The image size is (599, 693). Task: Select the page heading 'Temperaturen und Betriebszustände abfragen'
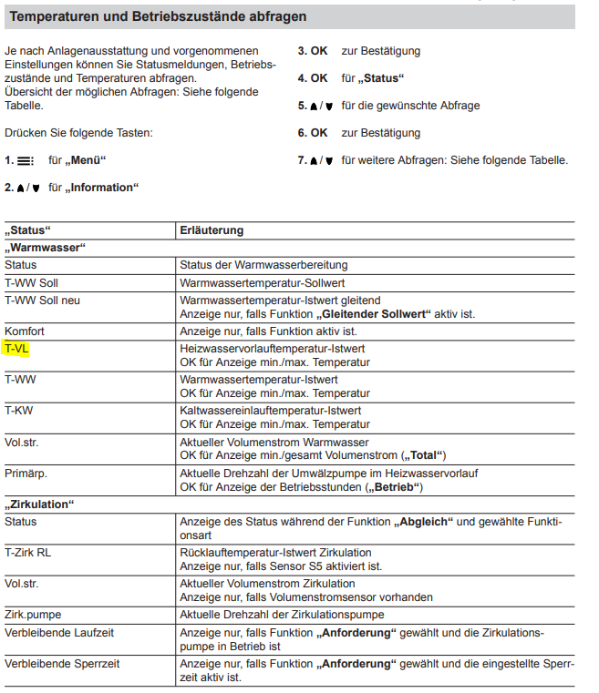coord(159,16)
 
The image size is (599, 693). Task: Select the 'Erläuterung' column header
coord(212,230)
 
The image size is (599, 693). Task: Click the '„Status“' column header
coord(28,230)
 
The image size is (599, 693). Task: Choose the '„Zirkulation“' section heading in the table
coord(40,504)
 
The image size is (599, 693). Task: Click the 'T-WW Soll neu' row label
coord(42,301)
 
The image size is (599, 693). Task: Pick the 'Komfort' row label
coord(25,331)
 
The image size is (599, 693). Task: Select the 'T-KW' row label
coord(19,411)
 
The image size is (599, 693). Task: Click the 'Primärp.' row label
coord(26,474)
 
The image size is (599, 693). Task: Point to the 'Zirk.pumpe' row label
coord(33,615)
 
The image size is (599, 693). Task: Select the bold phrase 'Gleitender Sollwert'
coord(372,314)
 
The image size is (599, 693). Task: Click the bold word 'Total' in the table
coord(426,455)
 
